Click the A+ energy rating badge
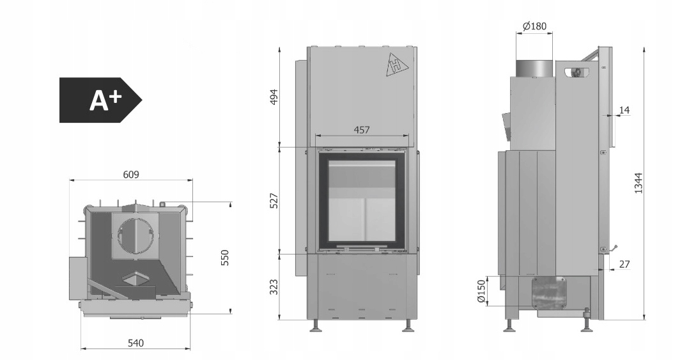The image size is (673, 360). point(100,100)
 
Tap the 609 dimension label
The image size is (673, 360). point(131,175)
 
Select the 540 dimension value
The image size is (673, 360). point(135,343)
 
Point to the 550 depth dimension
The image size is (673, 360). point(225,258)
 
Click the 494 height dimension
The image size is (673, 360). point(274,97)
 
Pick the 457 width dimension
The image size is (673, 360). point(361,129)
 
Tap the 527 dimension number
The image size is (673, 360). point(274,201)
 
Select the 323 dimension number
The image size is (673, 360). point(274,287)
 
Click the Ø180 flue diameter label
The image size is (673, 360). point(535,26)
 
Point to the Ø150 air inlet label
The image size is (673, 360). point(481,291)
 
